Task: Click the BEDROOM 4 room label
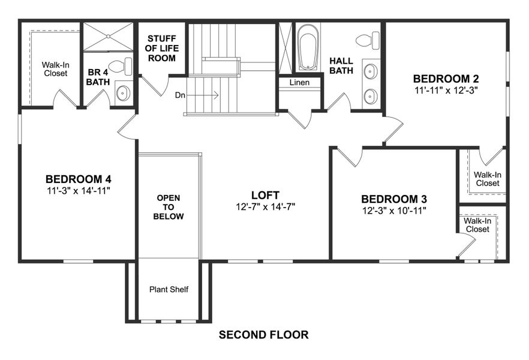tap(78, 179)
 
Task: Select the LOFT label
tap(265, 194)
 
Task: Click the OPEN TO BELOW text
tap(169, 207)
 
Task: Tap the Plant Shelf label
tap(169, 290)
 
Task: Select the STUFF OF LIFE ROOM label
tap(162, 49)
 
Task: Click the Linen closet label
tap(299, 82)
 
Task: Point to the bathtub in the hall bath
tap(309, 47)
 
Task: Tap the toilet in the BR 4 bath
tap(121, 66)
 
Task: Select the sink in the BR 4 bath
tap(123, 93)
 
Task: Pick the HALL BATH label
tap(341, 65)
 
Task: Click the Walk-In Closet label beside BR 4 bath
tap(55, 68)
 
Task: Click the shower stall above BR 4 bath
tap(107, 37)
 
